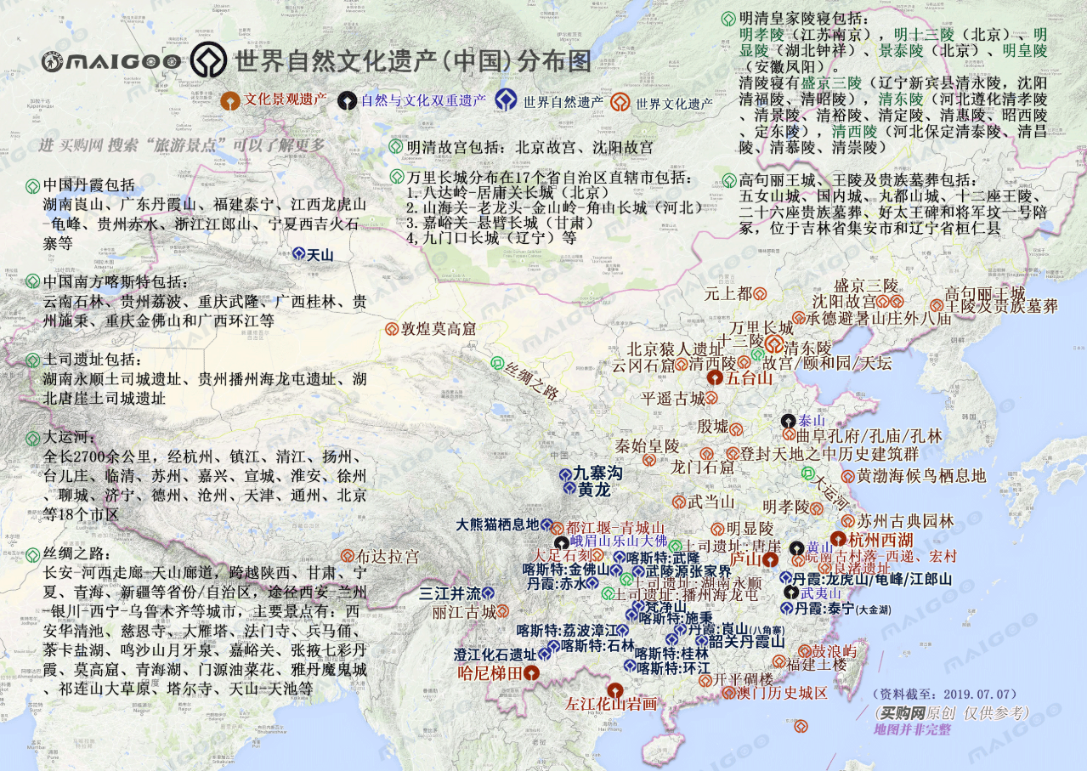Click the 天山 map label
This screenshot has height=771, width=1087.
click(x=320, y=254)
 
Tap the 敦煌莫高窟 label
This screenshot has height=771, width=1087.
click(x=439, y=328)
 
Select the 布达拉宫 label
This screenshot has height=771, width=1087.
click(x=388, y=557)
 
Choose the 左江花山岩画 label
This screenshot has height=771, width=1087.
click(x=612, y=704)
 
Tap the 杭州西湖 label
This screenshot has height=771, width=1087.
click(x=880, y=539)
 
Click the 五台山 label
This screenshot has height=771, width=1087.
click(x=749, y=377)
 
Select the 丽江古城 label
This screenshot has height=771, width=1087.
click(x=464, y=612)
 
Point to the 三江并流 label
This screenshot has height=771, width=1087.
click(x=450, y=593)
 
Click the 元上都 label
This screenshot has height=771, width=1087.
click(x=728, y=293)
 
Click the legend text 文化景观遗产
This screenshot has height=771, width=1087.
click(x=286, y=99)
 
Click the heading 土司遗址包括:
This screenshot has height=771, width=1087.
click(x=93, y=360)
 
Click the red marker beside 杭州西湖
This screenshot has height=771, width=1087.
click(x=838, y=539)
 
